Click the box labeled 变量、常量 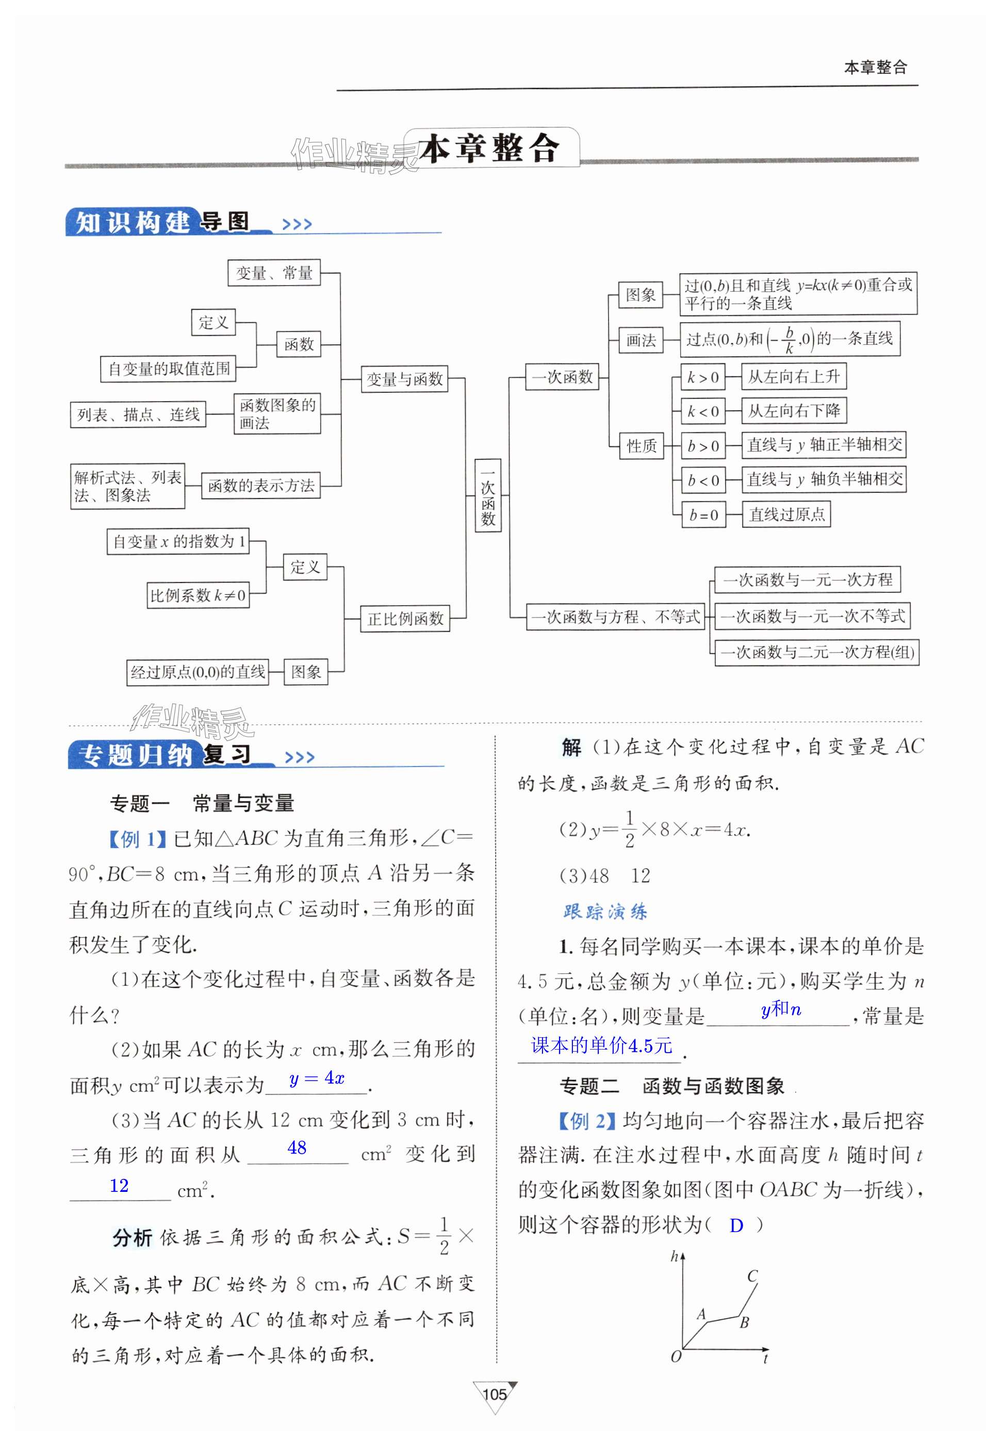[x=274, y=273]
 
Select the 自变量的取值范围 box [x=169, y=369]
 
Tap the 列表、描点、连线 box [x=138, y=414]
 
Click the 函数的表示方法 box [x=261, y=485]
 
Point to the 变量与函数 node [x=404, y=378]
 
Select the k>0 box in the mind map [x=703, y=377]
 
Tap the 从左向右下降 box [x=793, y=411]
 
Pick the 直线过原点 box [x=786, y=514]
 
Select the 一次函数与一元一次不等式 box [x=812, y=616]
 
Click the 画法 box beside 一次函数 [x=641, y=340]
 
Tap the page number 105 [x=495, y=1394]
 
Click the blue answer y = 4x [x=317, y=1078]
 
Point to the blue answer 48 [x=297, y=1147]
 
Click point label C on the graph [x=752, y=1276]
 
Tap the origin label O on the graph [x=676, y=1357]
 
